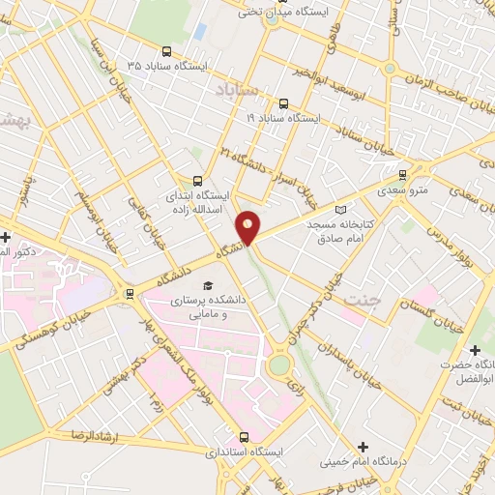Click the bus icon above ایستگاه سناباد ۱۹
pos(282,103)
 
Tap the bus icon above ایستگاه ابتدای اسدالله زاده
pos(197,180)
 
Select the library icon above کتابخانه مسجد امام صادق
pos(338,210)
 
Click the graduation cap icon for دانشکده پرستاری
pos(207,285)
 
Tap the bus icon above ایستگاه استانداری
pos(244,437)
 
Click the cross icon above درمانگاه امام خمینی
pos(363,447)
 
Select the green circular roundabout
pos(279,365)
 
